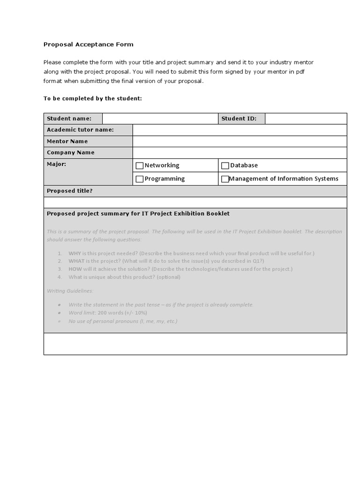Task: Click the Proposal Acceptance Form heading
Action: click(88, 45)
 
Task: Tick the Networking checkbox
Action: click(139, 165)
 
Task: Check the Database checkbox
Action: click(225, 165)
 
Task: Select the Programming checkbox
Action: click(139, 179)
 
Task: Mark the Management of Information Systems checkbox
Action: click(225, 179)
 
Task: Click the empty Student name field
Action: click(160, 119)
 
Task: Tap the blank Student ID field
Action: click(306, 119)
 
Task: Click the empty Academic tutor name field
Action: click(240, 130)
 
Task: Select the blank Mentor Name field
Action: click(240, 141)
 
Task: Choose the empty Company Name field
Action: click(240, 152)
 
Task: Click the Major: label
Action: click(56, 165)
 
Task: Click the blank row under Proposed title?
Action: click(195, 202)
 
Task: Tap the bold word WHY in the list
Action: click(75, 254)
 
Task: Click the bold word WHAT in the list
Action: click(76, 261)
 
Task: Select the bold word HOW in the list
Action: click(75, 269)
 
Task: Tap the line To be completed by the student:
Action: click(92, 98)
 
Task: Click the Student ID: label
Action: click(239, 119)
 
